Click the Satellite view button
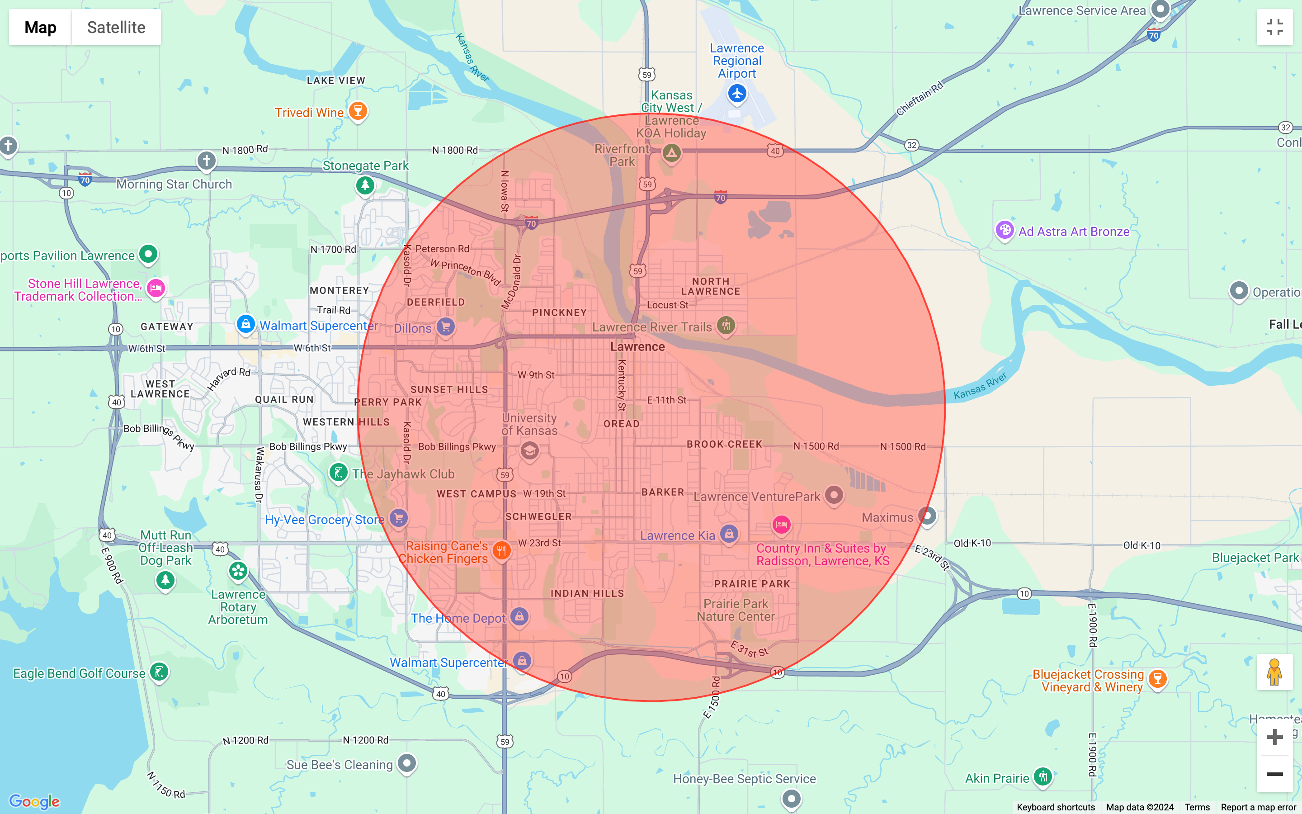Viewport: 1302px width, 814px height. tap(116, 28)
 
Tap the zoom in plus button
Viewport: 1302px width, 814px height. tap(1274, 737)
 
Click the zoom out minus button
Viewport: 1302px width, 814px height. tap(1274, 774)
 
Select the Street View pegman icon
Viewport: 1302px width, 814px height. tap(1274, 672)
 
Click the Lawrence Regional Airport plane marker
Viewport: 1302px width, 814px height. tap(737, 94)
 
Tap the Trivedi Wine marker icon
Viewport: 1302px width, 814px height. tap(358, 111)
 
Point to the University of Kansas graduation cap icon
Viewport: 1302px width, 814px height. tap(529, 450)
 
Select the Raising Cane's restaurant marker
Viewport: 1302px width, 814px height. tap(501, 550)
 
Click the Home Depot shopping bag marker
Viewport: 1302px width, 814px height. tap(519, 616)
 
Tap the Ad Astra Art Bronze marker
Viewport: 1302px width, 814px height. tap(1005, 231)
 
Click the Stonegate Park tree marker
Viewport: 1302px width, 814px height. tap(365, 186)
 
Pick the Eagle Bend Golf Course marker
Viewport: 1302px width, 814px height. tap(159, 672)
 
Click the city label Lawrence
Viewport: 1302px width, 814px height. tap(637, 347)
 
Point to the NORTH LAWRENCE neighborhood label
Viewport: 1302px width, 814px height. tap(711, 286)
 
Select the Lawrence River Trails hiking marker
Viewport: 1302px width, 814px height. tap(726, 325)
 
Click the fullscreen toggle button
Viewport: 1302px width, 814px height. tap(1274, 28)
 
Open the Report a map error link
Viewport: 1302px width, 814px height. tap(1258, 808)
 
